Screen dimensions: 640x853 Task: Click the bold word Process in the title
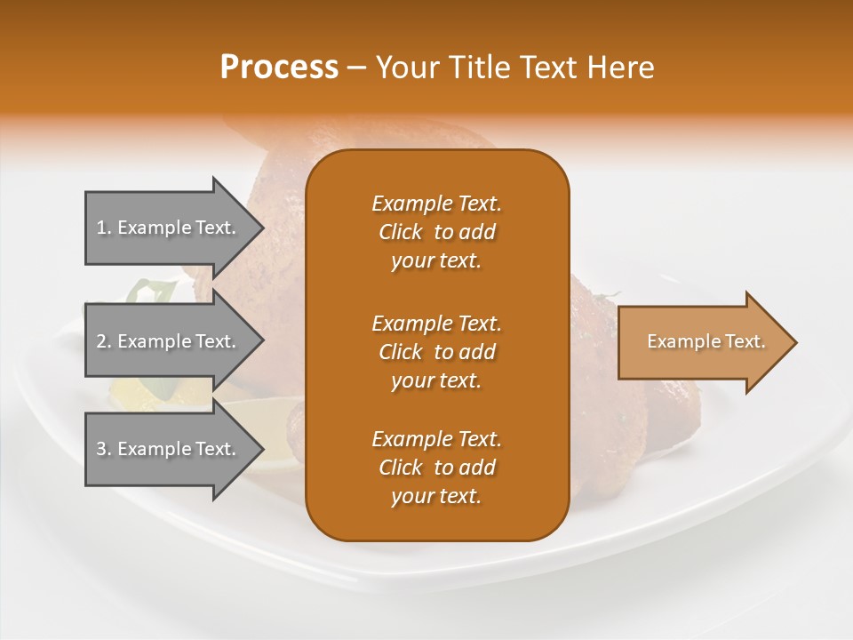279,68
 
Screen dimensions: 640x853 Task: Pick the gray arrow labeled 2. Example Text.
169,340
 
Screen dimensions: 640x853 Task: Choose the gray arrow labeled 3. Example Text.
169,449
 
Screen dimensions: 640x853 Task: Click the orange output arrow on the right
702,342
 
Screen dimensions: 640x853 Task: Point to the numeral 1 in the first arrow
101,228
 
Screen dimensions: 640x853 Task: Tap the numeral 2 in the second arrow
101,341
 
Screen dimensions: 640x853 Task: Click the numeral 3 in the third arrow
101,449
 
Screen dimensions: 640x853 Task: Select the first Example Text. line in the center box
436,204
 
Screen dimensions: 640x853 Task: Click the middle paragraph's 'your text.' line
436,380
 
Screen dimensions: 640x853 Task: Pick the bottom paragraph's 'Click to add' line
436,468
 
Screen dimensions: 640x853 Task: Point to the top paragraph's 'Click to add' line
436,232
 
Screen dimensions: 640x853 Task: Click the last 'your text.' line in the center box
436,496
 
